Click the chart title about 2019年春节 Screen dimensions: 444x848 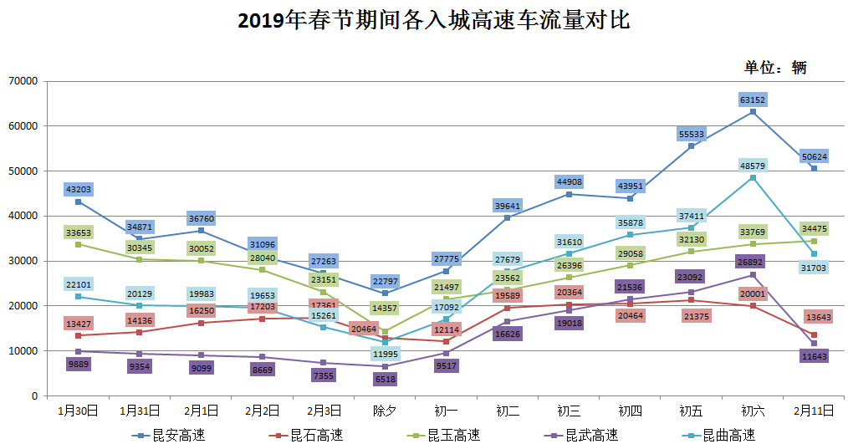click(x=433, y=21)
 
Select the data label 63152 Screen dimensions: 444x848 click(x=753, y=100)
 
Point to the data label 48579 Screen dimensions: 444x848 click(x=753, y=166)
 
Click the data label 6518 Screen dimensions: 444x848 click(x=385, y=379)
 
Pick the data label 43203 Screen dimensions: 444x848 click(x=78, y=190)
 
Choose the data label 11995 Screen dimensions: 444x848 click(x=385, y=354)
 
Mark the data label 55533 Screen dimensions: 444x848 click(x=691, y=134)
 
